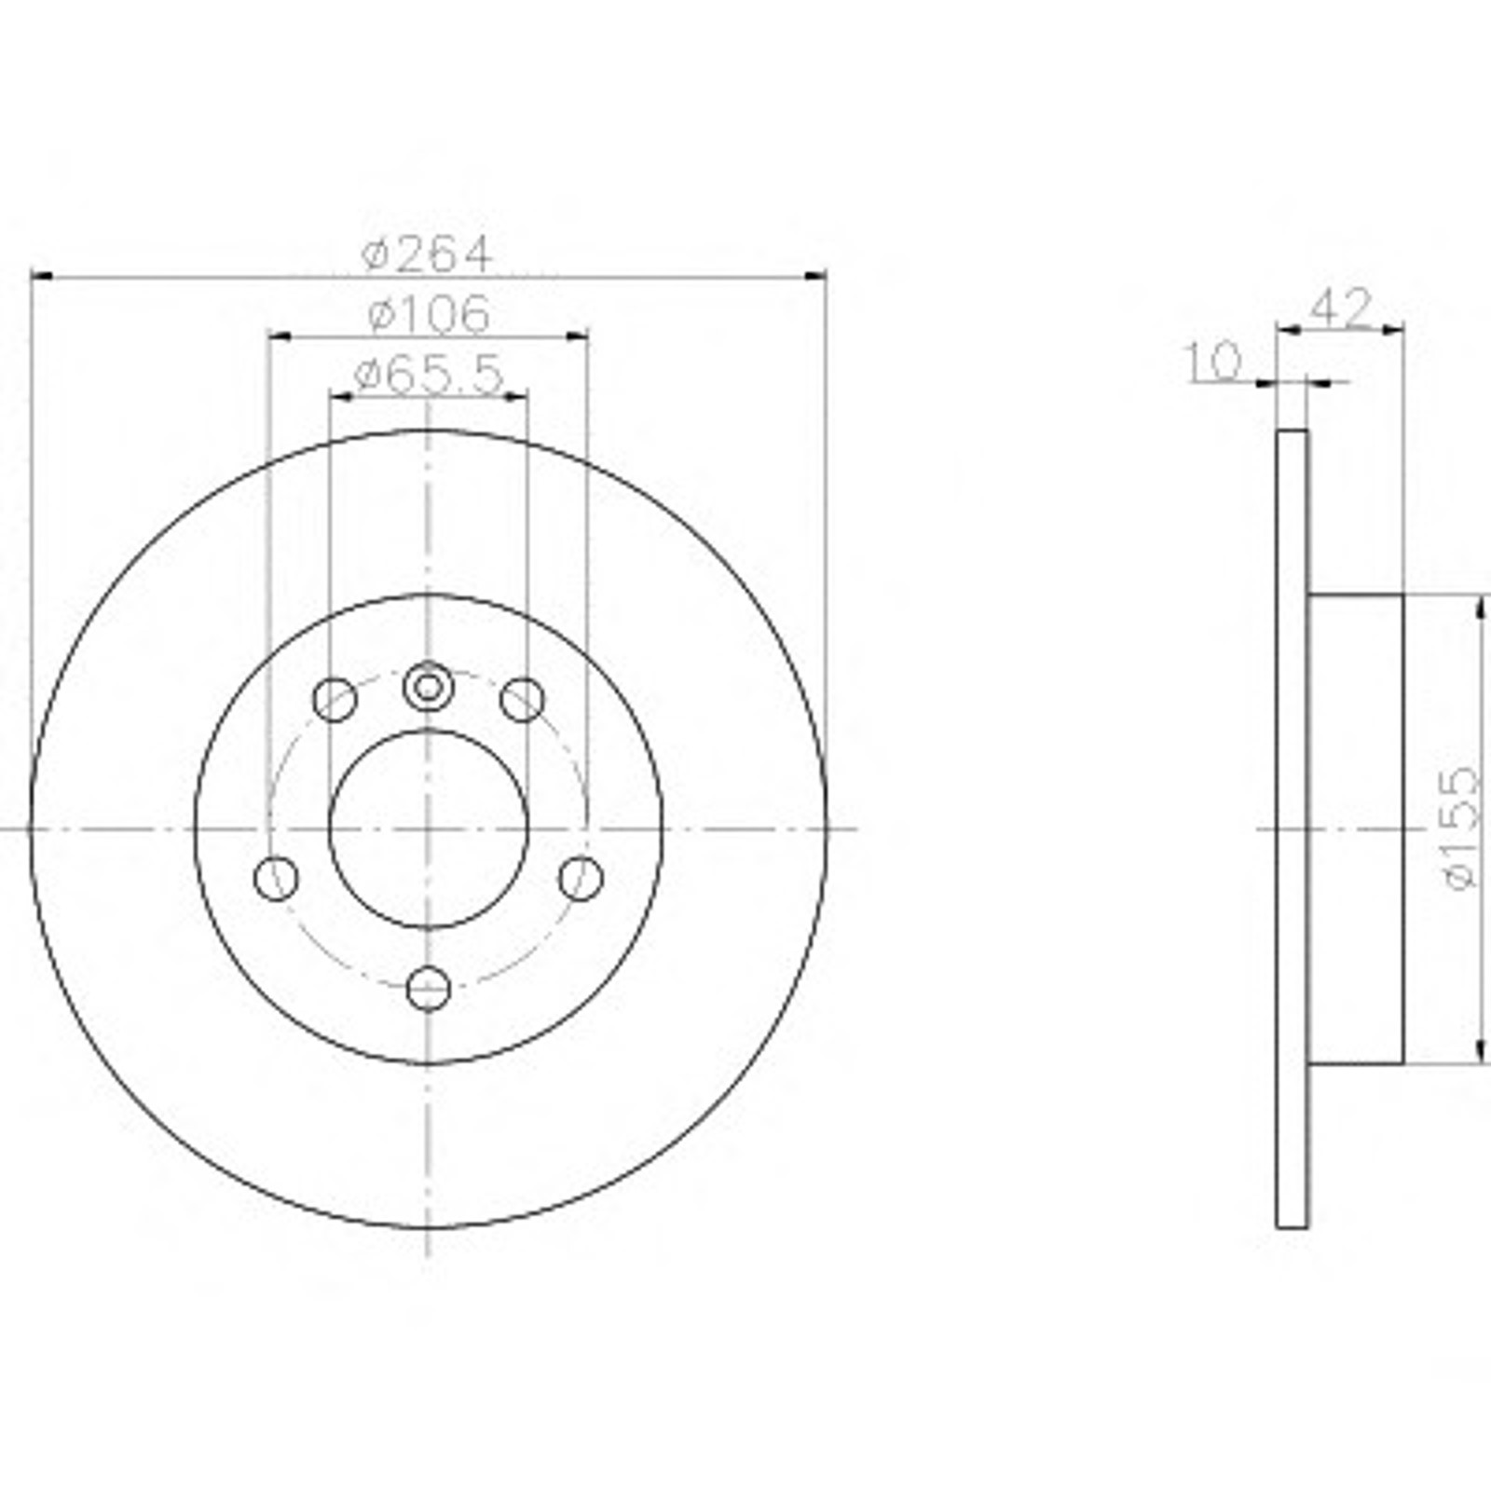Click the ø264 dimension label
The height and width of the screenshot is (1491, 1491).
[x=426, y=253]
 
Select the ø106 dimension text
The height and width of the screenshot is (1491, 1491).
[x=429, y=314]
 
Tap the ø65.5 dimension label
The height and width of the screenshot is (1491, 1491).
[x=430, y=375]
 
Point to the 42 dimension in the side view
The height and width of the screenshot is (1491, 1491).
[x=1341, y=307]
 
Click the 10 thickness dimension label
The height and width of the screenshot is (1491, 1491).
[x=1213, y=361]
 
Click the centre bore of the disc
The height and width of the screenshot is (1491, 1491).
[x=429, y=828]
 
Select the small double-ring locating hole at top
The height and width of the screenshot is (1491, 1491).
[x=428, y=688]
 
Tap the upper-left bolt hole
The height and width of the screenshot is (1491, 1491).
[x=335, y=700]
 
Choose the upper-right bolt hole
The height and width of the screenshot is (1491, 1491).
[x=522, y=700]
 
